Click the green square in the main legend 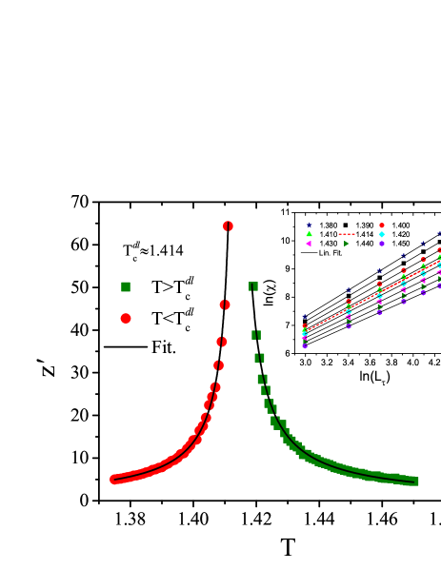click(126, 286)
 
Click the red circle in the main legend click(126, 319)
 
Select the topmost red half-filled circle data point click(228, 226)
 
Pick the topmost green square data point click(253, 286)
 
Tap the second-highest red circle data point click(225, 305)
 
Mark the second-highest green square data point click(256, 335)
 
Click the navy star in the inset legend click(309, 226)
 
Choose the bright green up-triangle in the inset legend click(309, 234)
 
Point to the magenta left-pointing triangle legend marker click(309, 244)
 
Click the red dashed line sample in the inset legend click(346, 234)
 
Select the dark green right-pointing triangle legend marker click(346, 244)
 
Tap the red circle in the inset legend click(382, 226)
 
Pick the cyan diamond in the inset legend click(382, 234)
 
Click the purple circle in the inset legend click(382, 244)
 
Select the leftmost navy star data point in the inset click(305, 317)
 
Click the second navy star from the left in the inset click(349, 290)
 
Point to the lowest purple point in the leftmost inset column click(305, 346)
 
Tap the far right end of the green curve click(415, 482)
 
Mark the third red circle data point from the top click(222, 342)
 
